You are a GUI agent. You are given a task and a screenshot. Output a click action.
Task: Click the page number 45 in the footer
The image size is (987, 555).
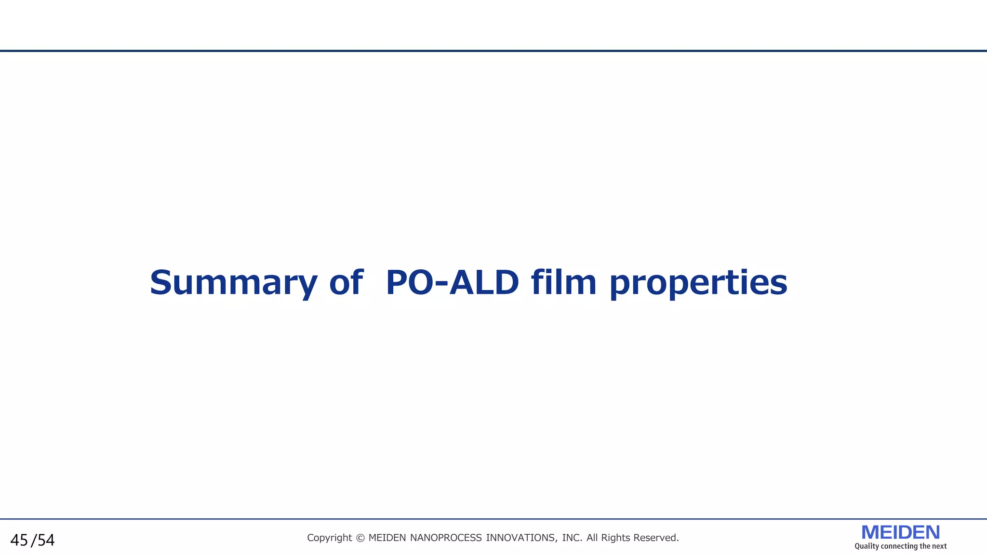[19, 541]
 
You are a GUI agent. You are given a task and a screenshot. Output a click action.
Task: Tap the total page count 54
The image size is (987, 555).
[46, 541]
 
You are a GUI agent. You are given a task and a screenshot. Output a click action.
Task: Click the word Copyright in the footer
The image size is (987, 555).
[329, 538]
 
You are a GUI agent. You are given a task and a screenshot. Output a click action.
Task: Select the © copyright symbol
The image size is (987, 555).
[360, 538]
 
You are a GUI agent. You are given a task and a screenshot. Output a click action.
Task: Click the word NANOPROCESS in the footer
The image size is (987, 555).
[446, 538]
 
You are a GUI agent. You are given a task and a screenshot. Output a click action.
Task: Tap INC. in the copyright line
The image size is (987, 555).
[572, 538]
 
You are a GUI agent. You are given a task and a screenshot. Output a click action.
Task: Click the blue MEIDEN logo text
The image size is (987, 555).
[900, 532]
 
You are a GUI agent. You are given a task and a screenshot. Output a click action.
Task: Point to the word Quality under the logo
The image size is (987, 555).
[867, 546]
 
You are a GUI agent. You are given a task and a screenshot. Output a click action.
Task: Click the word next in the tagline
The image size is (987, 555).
[939, 546]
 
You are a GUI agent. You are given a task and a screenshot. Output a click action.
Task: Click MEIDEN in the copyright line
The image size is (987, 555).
[387, 538]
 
